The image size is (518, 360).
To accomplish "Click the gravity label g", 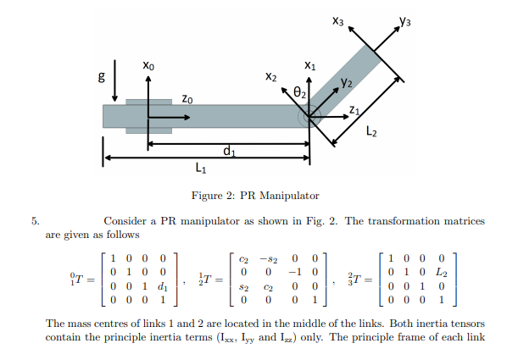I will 103,78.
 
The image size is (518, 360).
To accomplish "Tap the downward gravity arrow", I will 114,81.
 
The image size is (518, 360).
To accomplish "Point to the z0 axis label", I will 187,98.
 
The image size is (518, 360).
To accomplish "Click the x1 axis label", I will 309,64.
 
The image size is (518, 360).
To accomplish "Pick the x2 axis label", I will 271,78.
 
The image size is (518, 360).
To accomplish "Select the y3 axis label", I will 405,19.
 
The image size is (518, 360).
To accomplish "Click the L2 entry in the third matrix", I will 441,272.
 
